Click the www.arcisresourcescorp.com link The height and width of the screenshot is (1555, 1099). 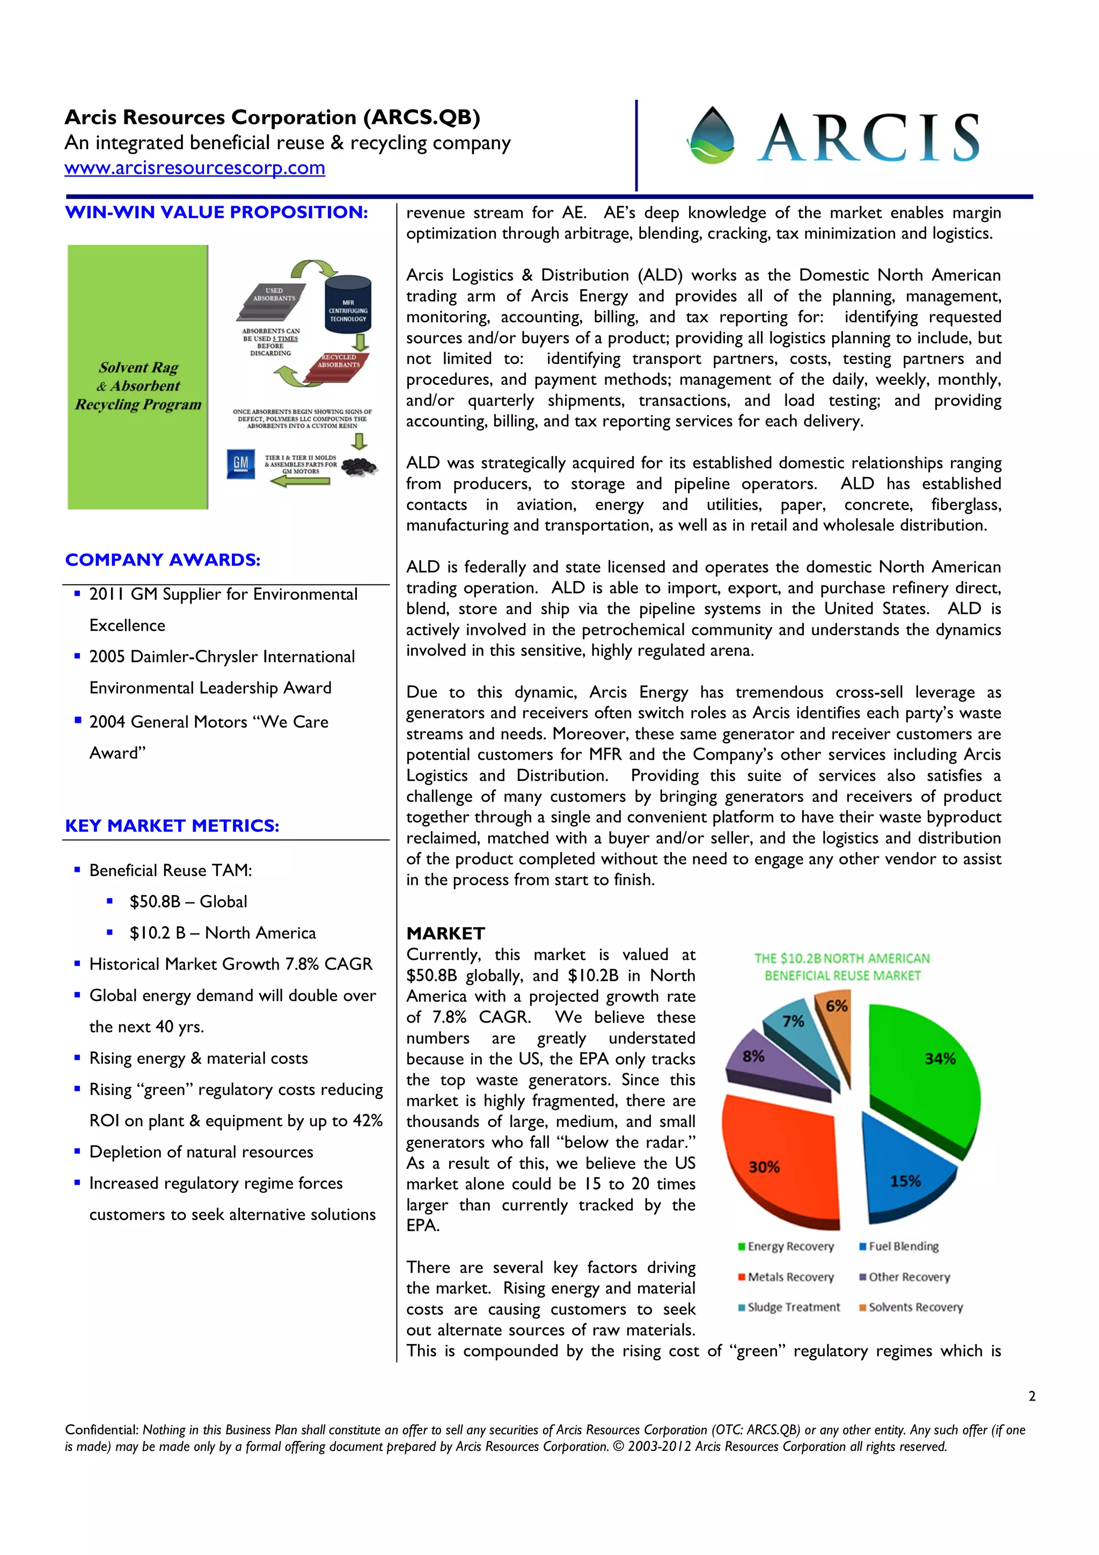click(x=194, y=168)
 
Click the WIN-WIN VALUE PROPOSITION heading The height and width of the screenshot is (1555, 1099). click(x=216, y=212)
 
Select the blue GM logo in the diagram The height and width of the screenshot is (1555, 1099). click(x=240, y=464)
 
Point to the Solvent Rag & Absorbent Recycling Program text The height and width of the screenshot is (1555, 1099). click(x=138, y=386)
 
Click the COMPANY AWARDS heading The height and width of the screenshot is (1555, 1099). click(x=163, y=560)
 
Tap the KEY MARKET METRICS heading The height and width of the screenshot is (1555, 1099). click(x=172, y=826)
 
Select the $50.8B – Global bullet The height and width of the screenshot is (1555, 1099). click(x=188, y=901)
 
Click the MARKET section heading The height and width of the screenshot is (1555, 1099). click(x=445, y=933)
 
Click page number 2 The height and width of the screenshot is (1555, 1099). click(x=1031, y=1396)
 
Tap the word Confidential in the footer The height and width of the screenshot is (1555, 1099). click(x=101, y=1429)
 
